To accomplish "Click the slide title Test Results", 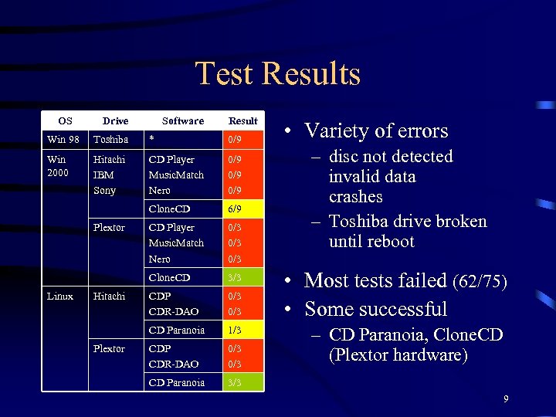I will click(x=278, y=74).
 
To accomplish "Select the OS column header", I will click(x=66, y=121).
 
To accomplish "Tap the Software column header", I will click(x=183, y=121).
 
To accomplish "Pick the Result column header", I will click(x=243, y=121).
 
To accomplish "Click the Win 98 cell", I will click(x=63, y=140).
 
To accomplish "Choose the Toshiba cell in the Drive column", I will click(x=110, y=140).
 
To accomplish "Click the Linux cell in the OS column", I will click(x=60, y=297).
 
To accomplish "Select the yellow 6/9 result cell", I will click(x=233, y=209).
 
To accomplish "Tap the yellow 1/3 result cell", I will click(x=233, y=331).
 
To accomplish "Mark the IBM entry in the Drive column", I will click(x=103, y=175).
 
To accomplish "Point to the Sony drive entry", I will click(x=104, y=190).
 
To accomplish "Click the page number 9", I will click(x=506, y=399).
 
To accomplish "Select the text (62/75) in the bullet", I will click(x=480, y=282).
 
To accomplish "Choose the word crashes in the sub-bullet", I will click(x=356, y=197).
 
